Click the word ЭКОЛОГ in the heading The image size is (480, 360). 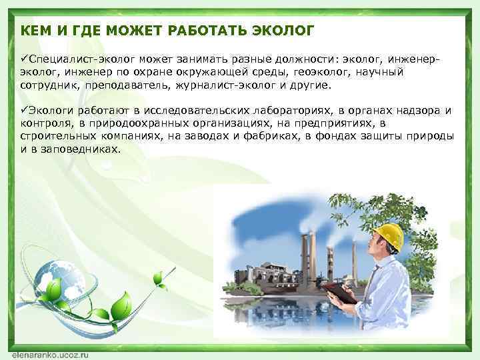pyautogui.click(x=283, y=31)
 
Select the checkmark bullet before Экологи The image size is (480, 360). pyautogui.click(x=24, y=110)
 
